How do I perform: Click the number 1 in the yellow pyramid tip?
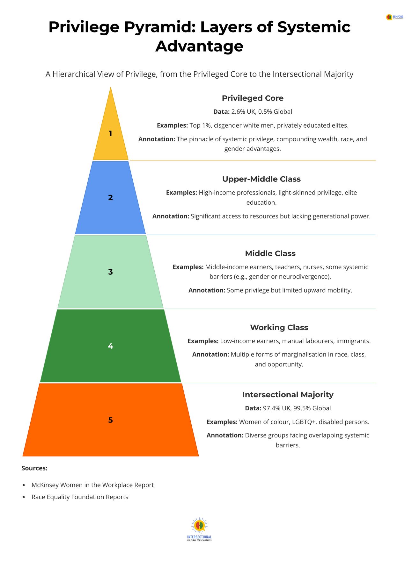pos(110,133)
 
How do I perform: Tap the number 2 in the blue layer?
pos(110,198)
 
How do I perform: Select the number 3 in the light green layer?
pos(110,272)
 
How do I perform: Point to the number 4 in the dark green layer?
pos(110,346)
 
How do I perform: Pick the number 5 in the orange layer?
pos(110,420)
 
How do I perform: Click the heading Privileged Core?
pos(253,98)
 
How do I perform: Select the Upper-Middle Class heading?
pos(261,179)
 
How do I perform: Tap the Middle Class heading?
pos(270,253)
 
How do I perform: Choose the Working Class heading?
pos(279,327)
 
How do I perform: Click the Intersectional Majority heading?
pos(288,395)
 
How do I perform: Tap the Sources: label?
pos(34,468)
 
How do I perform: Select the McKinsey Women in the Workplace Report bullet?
pos(92,485)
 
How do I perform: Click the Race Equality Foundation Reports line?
pos(80,497)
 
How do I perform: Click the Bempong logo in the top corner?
pos(394,17)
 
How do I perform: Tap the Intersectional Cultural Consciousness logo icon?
pos(199,526)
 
